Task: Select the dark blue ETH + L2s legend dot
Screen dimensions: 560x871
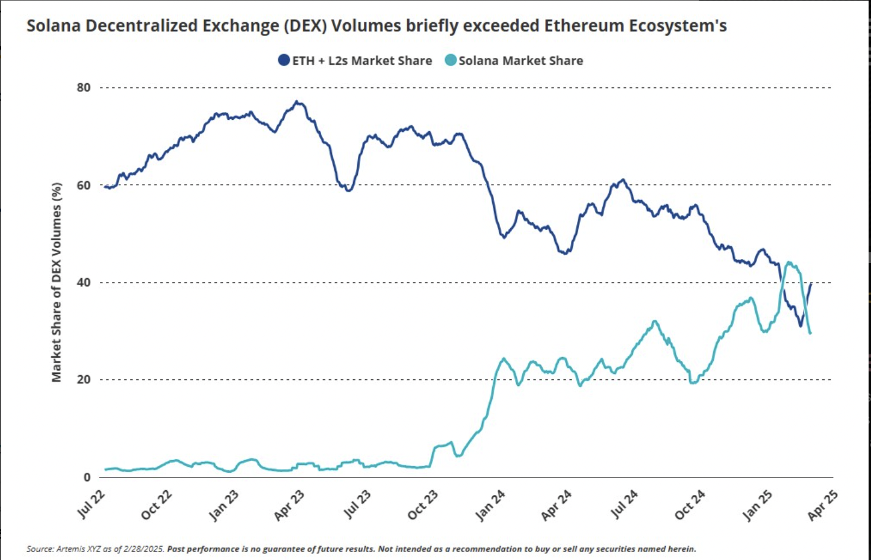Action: (x=284, y=60)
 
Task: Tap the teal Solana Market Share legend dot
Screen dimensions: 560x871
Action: (x=451, y=60)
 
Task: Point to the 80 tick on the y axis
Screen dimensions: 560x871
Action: (x=84, y=88)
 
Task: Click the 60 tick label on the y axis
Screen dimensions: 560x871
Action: (x=84, y=185)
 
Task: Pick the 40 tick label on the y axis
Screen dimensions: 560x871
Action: (x=84, y=282)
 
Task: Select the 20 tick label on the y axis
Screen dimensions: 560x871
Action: (x=84, y=380)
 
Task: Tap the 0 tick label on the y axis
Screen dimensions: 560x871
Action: (x=87, y=478)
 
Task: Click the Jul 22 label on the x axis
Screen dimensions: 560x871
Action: (x=92, y=504)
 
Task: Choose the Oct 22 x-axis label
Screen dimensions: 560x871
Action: (x=157, y=505)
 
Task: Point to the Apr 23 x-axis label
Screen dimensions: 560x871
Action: (x=290, y=505)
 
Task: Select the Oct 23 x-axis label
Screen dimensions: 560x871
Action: (x=423, y=505)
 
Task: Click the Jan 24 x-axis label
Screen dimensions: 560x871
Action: (x=490, y=505)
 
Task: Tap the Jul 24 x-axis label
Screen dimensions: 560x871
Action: (x=624, y=504)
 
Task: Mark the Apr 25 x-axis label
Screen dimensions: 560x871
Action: (x=823, y=505)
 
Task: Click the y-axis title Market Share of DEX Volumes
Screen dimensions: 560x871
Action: (x=57, y=282)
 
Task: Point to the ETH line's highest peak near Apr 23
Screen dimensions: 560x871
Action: (x=297, y=102)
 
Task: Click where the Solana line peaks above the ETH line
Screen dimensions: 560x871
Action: (x=789, y=263)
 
